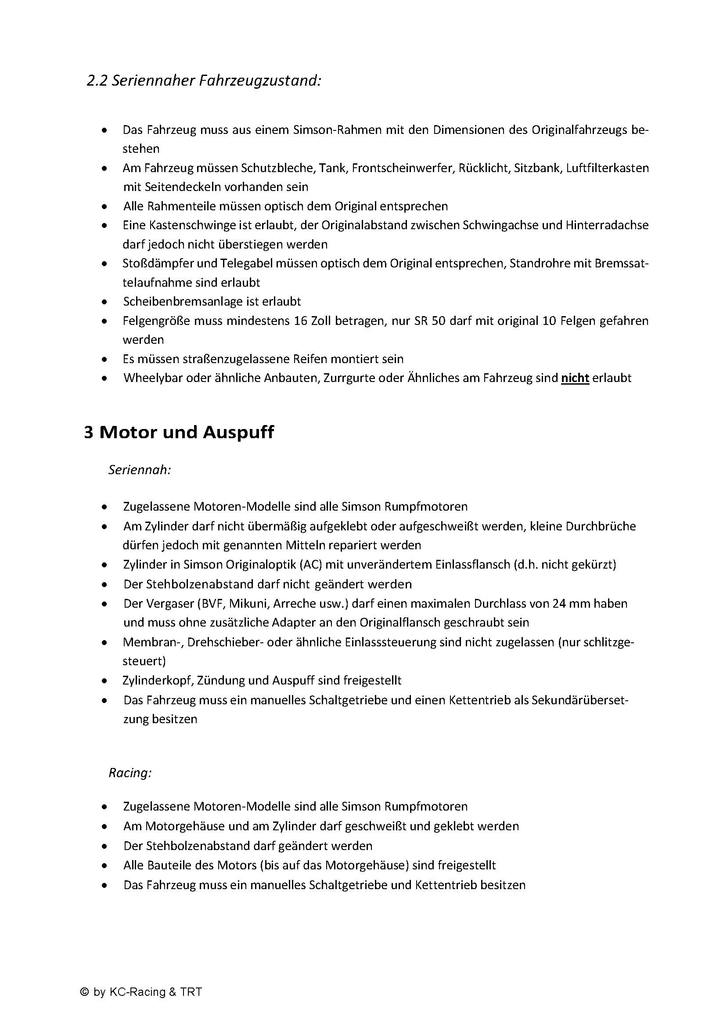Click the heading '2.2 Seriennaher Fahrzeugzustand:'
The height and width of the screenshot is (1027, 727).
204,81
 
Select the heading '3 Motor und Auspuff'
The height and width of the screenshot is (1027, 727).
179,432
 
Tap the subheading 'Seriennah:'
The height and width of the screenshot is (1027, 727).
140,470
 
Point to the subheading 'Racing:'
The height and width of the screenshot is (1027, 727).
130,773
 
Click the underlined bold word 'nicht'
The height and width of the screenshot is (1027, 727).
575,378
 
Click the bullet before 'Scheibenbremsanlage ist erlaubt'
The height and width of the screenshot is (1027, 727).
104,302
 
